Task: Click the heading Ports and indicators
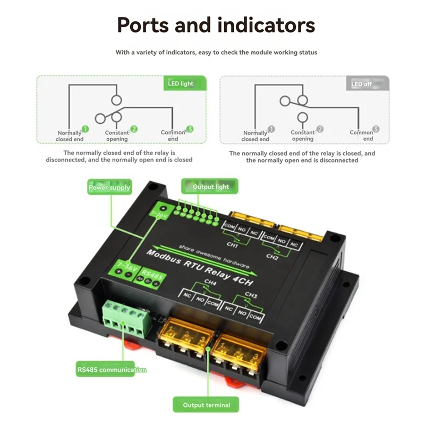point(216,25)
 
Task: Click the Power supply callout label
point(109,188)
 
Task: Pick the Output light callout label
point(211,186)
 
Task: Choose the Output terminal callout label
point(207,405)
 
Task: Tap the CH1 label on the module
point(232,245)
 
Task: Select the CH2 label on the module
point(272,257)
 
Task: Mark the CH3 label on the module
point(251,295)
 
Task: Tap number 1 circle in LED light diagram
point(85,129)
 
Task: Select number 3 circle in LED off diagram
point(376,129)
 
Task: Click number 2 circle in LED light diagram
point(134,129)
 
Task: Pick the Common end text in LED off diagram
point(361,135)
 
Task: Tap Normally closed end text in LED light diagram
point(70,136)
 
